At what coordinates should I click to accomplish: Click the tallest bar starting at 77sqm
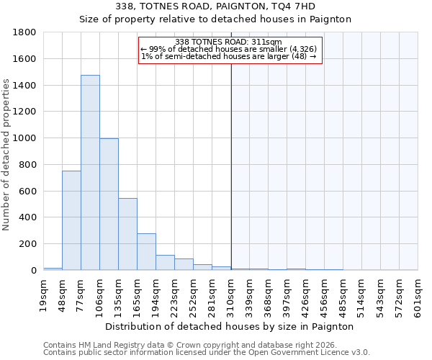(90, 173)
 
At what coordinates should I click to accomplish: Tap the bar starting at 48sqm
(71, 220)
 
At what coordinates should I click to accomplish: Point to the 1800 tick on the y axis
(26, 32)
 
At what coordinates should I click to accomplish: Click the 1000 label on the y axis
(26, 138)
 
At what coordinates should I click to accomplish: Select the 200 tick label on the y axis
(29, 244)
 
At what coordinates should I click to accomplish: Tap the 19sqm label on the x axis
(43, 293)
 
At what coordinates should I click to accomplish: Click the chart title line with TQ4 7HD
(215, 6)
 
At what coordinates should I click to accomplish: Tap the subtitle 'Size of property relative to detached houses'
(215, 19)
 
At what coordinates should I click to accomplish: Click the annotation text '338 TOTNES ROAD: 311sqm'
(228, 42)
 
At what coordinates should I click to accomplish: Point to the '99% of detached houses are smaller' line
(228, 49)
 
